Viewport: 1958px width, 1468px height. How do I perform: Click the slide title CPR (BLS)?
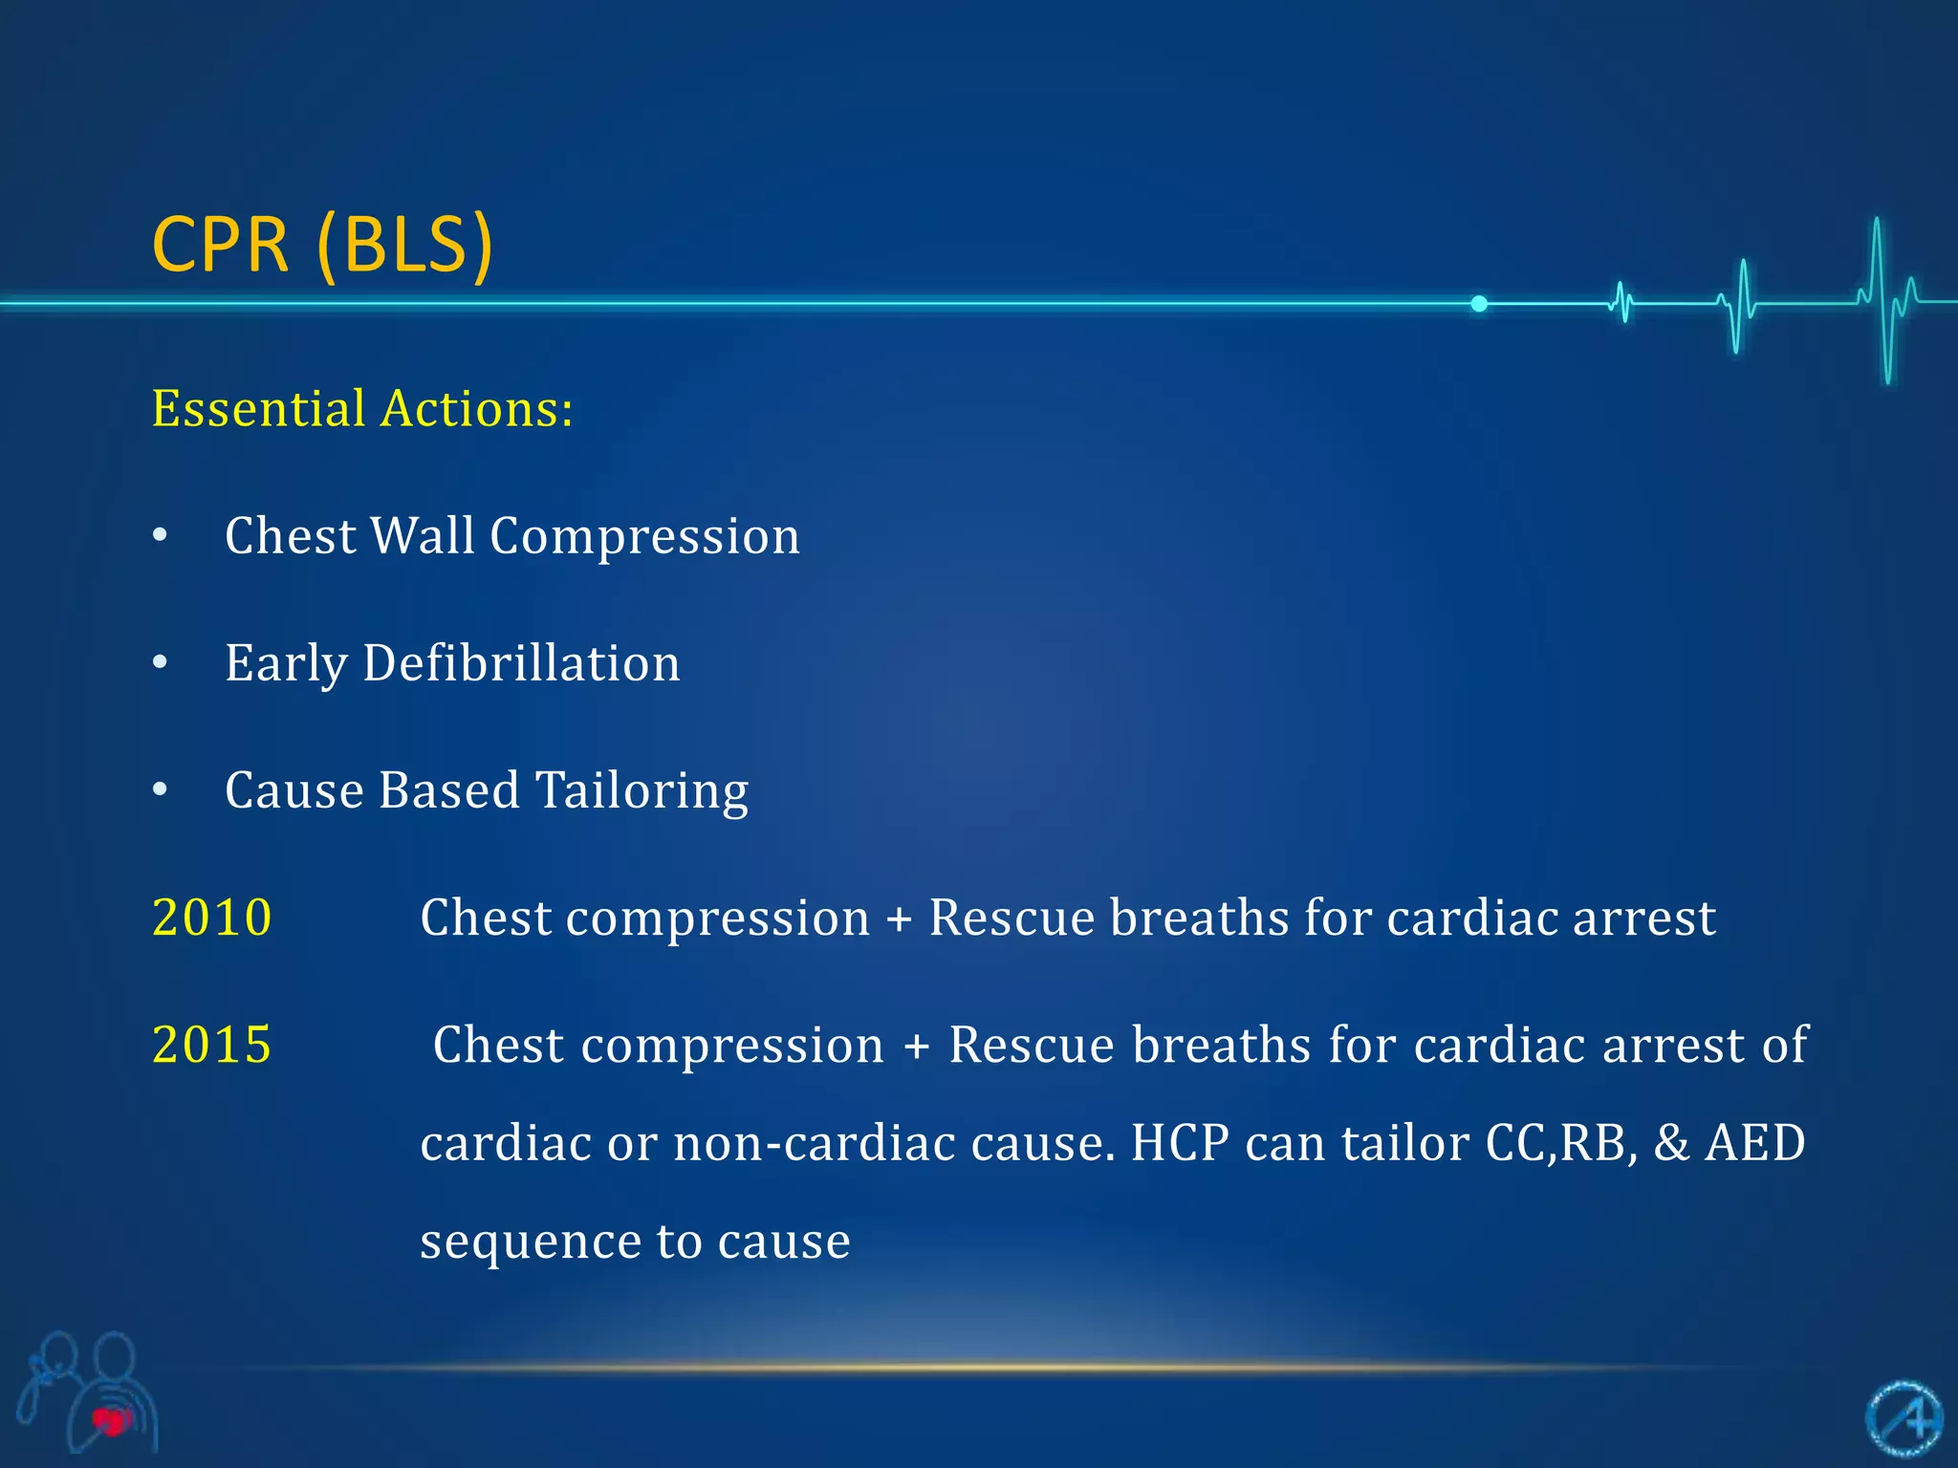pos(322,245)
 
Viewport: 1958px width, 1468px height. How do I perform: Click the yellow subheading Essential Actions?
pos(362,409)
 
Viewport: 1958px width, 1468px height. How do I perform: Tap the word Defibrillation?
pos(521,662)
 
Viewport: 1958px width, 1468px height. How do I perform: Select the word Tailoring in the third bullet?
pos(642,790)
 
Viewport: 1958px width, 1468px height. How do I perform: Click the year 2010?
pos(212,917)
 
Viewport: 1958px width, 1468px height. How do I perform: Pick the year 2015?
pos(212,1045)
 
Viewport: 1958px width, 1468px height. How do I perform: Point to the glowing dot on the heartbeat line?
pos(1479,304)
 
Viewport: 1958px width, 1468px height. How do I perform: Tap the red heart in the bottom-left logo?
pos(112,1421)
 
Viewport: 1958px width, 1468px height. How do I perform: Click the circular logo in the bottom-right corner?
pos(1904,1419)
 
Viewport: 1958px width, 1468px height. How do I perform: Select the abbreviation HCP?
pos(1180,1143)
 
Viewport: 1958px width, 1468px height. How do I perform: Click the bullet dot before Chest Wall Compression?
pos(161,535)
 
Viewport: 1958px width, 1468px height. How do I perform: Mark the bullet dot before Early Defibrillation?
pos(161,662)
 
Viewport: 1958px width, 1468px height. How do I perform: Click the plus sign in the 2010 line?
pos(899,919)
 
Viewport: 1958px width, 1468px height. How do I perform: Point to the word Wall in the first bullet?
pos(422,535)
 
